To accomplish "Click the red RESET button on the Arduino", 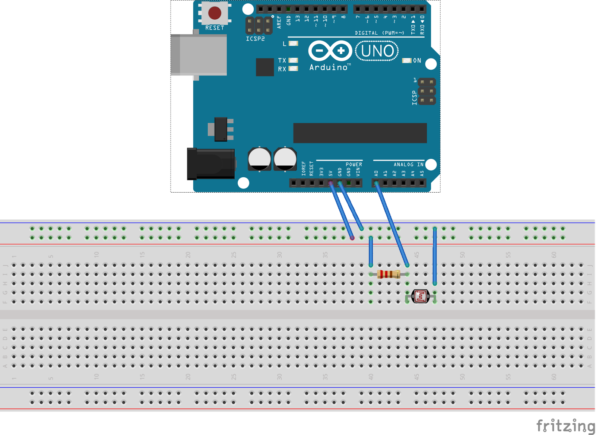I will click(215, 13).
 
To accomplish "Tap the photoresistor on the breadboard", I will click(421, 296).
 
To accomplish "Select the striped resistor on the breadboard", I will click(389, 274).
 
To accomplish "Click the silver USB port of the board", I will click(199, 55).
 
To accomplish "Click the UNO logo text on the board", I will click(377, 51).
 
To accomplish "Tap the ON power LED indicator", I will click(407, 61).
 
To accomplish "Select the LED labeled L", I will click(294, 44).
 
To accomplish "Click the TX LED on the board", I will click(294, 60).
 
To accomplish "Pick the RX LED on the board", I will click(294, 69).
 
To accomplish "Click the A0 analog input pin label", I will click(376, 174).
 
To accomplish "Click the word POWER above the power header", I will click(354, 164).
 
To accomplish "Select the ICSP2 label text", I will click(255, 39).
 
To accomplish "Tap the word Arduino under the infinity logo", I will click(329, 67).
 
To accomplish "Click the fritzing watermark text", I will click(565, 425).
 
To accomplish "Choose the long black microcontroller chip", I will click(360, 133).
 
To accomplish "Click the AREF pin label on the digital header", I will click(279, 22).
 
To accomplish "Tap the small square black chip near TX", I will click(265, 67).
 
